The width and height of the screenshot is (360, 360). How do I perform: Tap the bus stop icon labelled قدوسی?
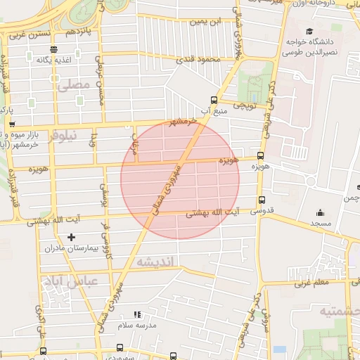pyautogui.click(x=262, y=200)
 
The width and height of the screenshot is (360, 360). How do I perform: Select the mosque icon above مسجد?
pyautogui.click(x=321, y=213)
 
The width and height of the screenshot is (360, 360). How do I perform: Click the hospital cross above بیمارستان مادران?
pyautogui.click(x=71, y=237)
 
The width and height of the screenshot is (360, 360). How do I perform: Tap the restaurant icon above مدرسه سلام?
pyautogui.click(x=137, y=314)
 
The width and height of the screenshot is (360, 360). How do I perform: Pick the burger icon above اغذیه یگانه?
pyautogui.click(x=54, y=49)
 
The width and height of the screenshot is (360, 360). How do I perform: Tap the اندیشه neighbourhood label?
pyautogui.click(x=158, y=262)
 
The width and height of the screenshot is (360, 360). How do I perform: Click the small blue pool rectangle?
pyautogui.click(x=280, y=349)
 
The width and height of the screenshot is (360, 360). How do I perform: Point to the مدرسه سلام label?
pyautogui.click(x=135, y=326)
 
